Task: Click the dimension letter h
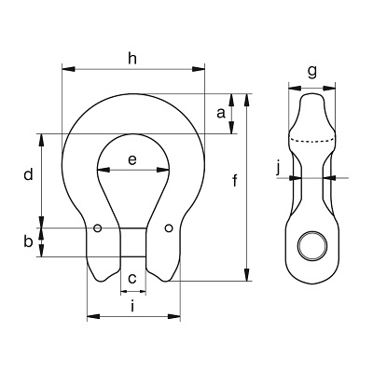click(132, 58)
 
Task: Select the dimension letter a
click(221, 113)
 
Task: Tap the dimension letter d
click(28, 174)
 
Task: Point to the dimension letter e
click(132, 159)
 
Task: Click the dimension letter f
click(235, 181)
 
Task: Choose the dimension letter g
click(311, 73)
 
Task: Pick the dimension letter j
click(279, 169)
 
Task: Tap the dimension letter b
click(28, 242)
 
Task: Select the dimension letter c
click(132, 278)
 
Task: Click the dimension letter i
click(132, 306)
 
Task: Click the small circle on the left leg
click(98, 228)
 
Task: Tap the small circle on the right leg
click(169, 228)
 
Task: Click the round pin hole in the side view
click(312, 246)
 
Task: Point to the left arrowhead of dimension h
click(68, 69)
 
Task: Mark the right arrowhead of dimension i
click(174, 317)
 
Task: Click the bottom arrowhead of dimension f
click(247, 275)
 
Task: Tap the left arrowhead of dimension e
click(104, 170)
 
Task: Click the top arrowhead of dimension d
click(41, 141)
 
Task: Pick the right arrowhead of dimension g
click(329, 89)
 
